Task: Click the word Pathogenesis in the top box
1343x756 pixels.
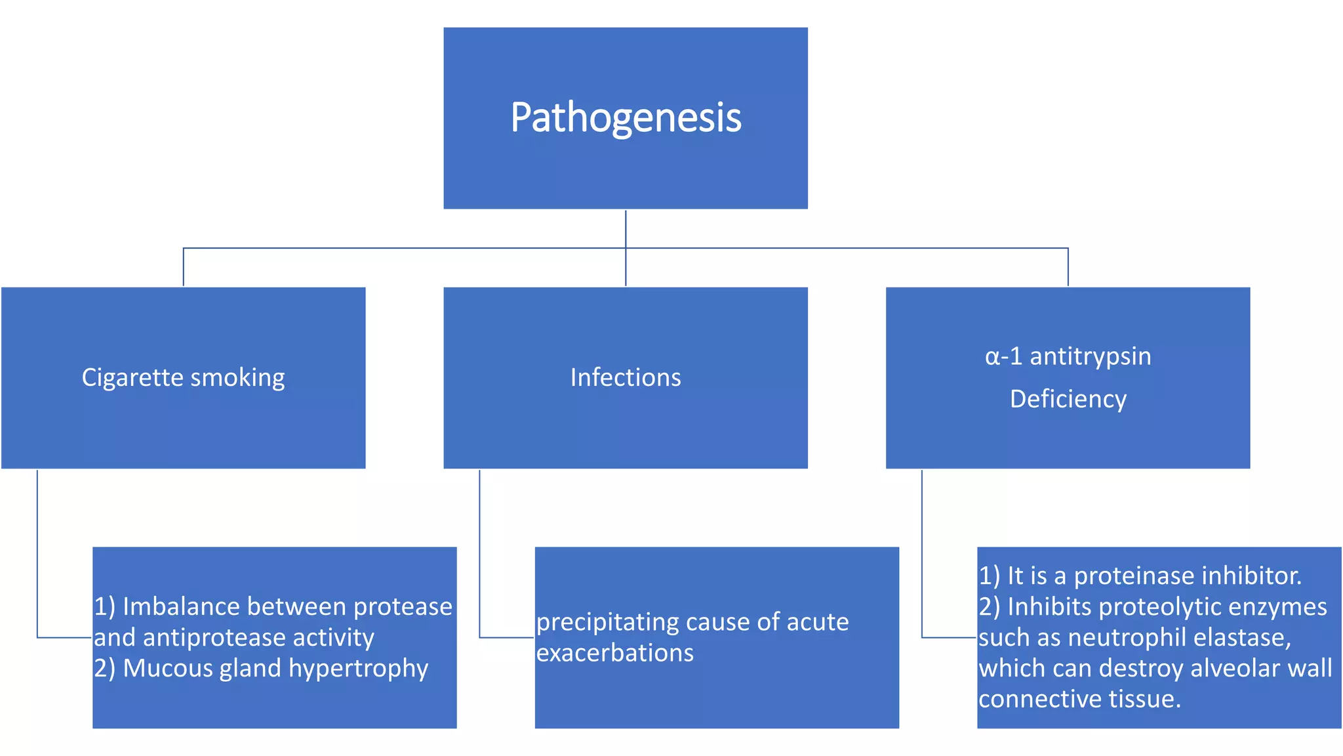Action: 626,118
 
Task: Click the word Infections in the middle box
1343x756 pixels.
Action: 626,377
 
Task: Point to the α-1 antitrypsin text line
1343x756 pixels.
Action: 1068,356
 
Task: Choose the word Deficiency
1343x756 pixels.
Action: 1068,399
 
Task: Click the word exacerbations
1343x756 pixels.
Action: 614,653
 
